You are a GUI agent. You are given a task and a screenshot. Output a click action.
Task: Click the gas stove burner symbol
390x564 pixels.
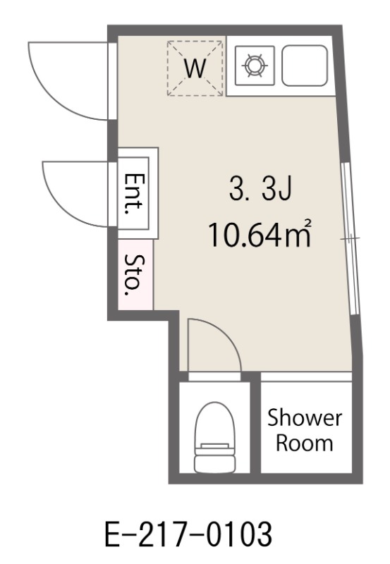(255, 66)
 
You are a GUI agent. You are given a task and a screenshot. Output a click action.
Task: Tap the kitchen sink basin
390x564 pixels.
(305, 66)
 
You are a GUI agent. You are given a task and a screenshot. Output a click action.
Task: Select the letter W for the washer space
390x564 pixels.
(195, 68)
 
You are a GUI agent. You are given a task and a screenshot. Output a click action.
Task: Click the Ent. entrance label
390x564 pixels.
(133, 193)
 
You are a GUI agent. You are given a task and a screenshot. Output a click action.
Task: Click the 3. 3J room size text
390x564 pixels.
(260, 190)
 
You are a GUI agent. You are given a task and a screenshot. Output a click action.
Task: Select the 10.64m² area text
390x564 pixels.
(259, 234)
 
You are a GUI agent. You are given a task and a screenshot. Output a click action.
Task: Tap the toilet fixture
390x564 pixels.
(214, 436)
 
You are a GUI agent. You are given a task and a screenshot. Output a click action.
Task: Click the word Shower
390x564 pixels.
(305, 418)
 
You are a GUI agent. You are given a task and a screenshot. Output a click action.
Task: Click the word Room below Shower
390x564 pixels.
(305, 443)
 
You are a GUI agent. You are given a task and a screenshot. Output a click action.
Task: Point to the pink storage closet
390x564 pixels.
(135, 274)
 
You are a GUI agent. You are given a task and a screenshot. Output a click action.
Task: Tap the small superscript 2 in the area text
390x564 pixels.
(307, 223)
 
